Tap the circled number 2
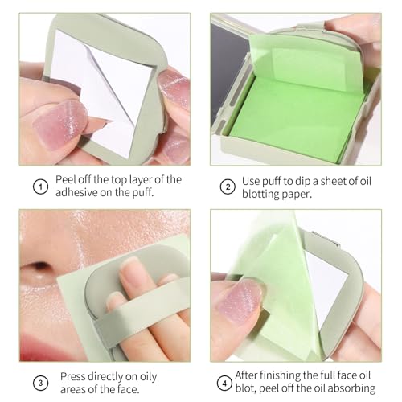pos(227,187)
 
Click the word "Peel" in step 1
pos(68,179)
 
